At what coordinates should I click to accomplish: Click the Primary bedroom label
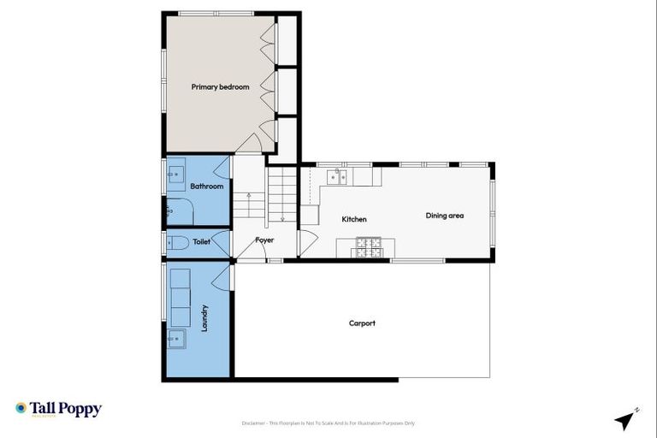(x=220, y=87)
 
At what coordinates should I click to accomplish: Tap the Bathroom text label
(x=206, y=186)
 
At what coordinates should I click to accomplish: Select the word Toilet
(x=201, y=242)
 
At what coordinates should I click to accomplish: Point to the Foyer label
(x=265, y=240)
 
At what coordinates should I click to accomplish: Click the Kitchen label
(x=354, y=220)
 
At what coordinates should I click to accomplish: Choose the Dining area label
(x=445, y=216)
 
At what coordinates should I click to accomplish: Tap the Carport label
(x=362, y=323)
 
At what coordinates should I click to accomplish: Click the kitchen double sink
(x=340, y=178)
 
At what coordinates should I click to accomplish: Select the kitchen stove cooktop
(x=369, y=247)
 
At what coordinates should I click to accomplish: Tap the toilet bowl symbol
(x=177, y=242)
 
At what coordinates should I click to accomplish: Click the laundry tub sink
(x=178, y=340)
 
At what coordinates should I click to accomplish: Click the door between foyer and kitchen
(x=304, y=242)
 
